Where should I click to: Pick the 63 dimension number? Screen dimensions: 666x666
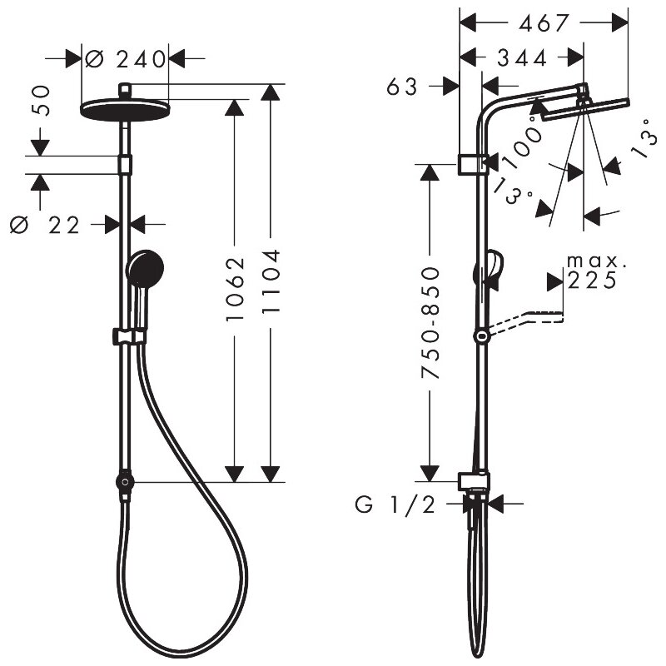pos(407,87)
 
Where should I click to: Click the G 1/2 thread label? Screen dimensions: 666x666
pos(395,504)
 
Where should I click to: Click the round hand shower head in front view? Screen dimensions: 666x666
pos(146,270)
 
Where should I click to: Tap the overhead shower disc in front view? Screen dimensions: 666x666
pos(125,109)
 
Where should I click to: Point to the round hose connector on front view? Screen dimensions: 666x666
pos(124,482)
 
